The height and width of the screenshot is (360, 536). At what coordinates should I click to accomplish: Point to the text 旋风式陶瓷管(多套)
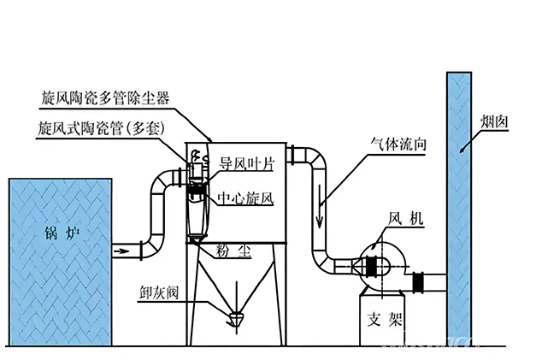[x=100, y=130]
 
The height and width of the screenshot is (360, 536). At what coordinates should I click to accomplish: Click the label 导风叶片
[x=247, y=163]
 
